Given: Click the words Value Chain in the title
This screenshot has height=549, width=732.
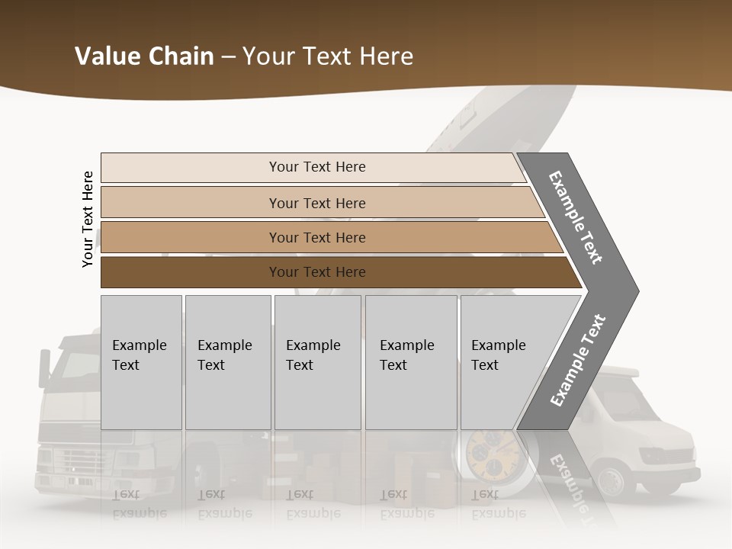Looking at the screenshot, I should click(144, 56).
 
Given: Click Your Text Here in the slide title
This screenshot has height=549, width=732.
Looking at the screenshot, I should click(328, 56).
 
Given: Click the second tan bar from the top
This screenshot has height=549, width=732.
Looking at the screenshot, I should click(316, 203).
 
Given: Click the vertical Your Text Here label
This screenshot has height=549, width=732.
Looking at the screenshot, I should click(88, 219).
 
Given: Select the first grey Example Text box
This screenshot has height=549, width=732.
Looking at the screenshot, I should click(141, 362).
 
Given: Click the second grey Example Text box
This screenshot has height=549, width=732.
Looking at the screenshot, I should click(227, 362).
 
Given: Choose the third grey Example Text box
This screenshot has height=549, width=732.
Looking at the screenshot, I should click(317, 362).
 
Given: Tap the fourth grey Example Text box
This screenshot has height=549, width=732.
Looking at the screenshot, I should click(410, 362).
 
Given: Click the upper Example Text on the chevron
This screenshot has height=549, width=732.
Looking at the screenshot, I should click(576, 217).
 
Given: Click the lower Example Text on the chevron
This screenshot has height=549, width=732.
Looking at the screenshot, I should click(578, 360).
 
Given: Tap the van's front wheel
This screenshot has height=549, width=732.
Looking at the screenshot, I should click(610, 480).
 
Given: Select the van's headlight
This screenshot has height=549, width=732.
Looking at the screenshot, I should click(657, 456).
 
